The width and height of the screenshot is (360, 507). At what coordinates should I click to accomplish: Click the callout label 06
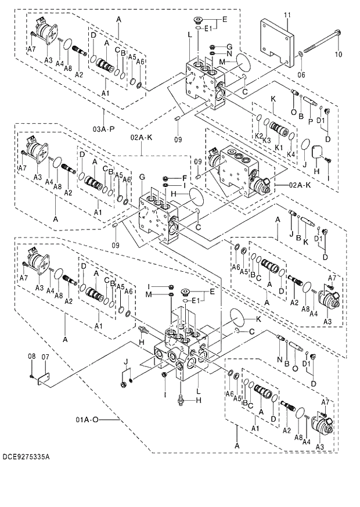coord(301,74)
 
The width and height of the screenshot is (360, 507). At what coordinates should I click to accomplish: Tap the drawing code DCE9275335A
coord(26,457)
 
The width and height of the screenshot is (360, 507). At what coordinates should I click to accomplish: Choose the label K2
coord(258,136)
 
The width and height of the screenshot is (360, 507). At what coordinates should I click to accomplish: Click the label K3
coord(267,140)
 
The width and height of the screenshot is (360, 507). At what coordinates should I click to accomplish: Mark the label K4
coord(291,154)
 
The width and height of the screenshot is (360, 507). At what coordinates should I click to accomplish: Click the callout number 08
coord(32,356)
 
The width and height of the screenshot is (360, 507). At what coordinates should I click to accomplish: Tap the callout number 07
coord(45,356)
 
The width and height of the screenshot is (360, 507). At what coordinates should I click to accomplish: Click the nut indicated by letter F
coord(167,178)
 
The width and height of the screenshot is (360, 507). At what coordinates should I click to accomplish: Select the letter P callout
coord(311,120)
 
